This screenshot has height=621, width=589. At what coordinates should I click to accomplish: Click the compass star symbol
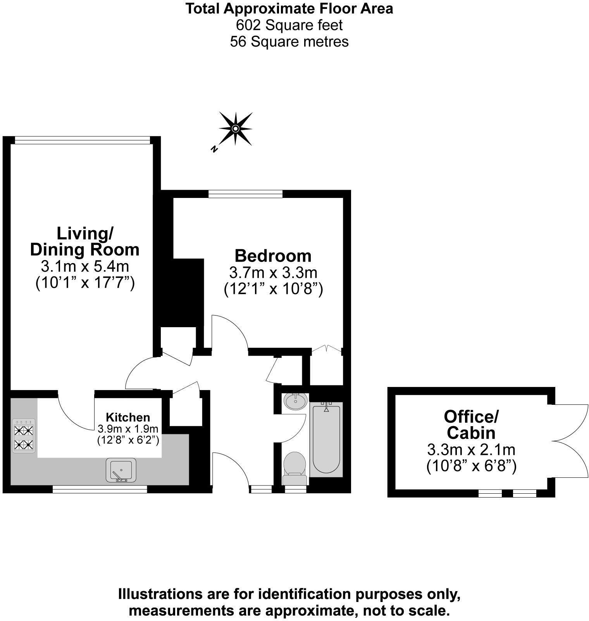coord(236,128)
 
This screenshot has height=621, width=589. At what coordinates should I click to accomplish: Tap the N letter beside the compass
coord(214,148)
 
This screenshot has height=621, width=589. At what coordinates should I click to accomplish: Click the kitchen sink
coord(121,470)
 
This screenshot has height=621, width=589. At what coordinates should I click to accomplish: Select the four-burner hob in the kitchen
coord(24,435)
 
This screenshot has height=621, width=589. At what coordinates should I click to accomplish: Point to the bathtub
coord(326,439)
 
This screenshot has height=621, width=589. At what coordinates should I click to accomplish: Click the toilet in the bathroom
coord(295,467)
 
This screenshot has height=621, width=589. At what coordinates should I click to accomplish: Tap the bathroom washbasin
coord(296,401)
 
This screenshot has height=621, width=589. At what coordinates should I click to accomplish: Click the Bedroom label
coord(273,256)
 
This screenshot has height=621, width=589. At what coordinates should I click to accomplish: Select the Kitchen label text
coord(128,418)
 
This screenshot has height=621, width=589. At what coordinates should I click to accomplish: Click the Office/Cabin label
coord(471,424)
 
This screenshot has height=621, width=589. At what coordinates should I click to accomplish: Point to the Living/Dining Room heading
coord(85,241)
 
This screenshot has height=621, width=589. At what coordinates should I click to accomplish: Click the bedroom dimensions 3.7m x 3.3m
coord(273,273)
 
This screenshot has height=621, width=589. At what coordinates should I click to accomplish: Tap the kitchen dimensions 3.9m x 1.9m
coord(128,429)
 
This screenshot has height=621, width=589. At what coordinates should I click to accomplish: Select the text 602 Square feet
coord(289,25)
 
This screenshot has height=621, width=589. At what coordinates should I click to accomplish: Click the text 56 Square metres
coord(289,41)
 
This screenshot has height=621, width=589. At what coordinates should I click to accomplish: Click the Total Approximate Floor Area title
coord(289,9)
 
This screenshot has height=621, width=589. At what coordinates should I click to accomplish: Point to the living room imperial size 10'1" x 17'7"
coord(85,283)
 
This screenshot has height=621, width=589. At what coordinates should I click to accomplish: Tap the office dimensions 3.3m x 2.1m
coord(471,450)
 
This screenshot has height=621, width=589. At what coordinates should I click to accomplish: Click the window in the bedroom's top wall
coord(245,194)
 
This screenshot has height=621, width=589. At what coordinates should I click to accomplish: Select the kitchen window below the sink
coord(100,490)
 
